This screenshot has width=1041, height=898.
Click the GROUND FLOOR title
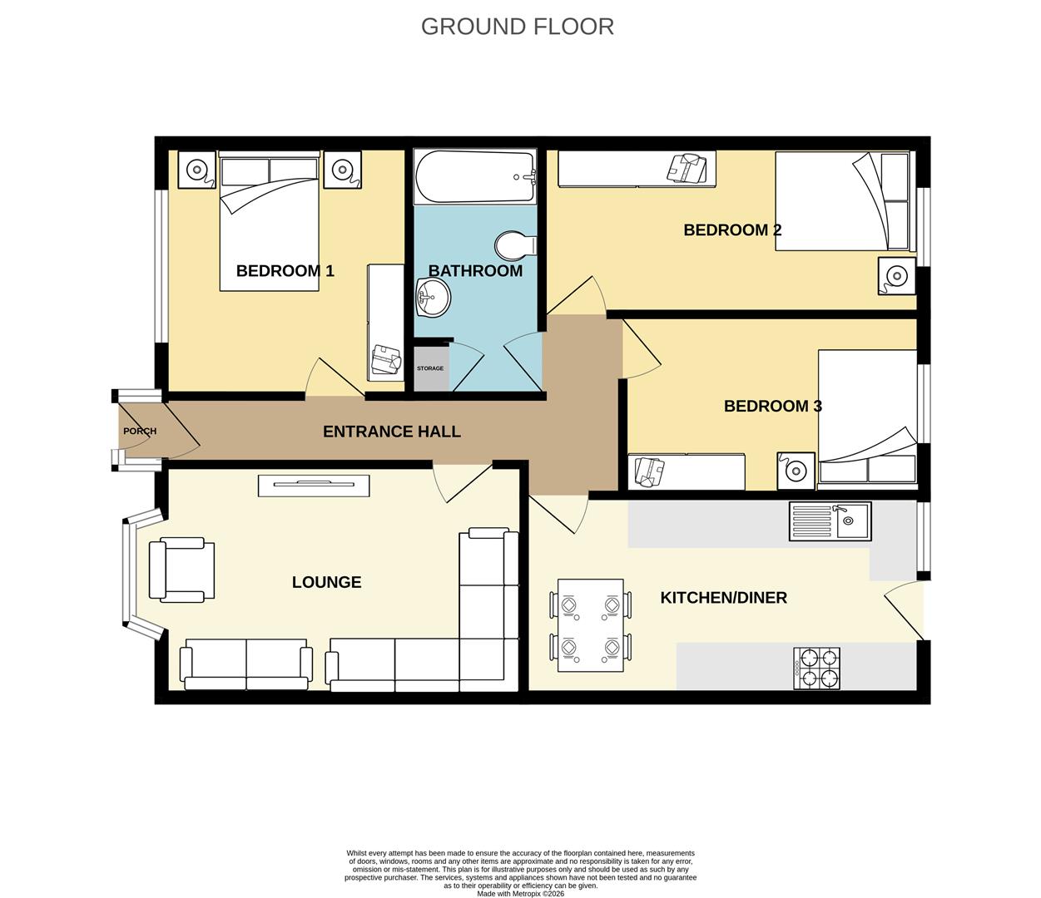click(517, 27)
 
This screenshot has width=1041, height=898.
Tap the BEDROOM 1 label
click(285, 270)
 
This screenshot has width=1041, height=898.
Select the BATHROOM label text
click(475, 270)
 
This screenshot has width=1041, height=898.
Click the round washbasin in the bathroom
click(432, 297)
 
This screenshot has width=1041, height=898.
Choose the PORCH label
click(140, 432)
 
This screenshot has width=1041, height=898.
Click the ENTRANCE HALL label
click(391, 432)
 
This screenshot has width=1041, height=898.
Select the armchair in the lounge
click(181, 570)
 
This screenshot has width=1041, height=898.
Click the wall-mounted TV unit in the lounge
click(313, 486)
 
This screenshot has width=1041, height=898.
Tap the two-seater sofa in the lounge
click(246, 666)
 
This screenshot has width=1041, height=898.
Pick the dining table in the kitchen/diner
click(591, 625)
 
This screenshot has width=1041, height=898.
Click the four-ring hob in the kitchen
click(816, 669)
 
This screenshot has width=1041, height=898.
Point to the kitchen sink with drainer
click(830, 521)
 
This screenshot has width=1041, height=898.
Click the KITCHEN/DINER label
click(723, 598)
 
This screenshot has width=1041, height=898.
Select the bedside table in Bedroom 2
click(896, 276)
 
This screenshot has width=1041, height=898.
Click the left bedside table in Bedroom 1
click(196, 170)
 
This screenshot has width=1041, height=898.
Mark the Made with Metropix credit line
click(520, 894)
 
